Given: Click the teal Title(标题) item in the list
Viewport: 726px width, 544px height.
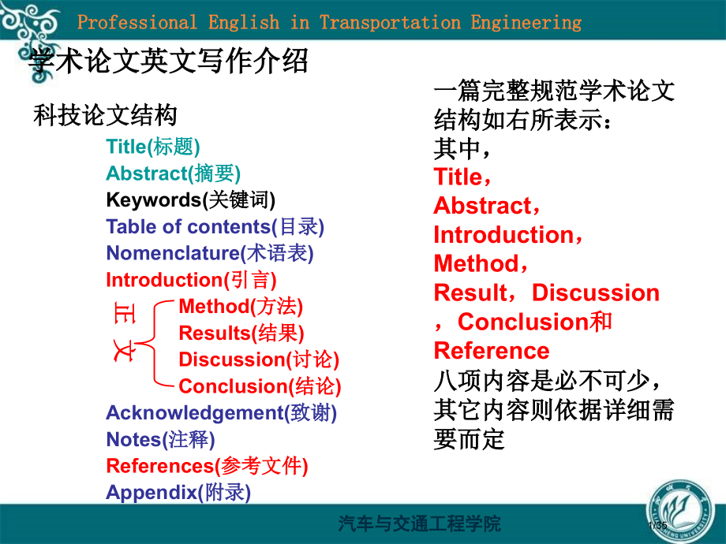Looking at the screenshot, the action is tap(153, 147).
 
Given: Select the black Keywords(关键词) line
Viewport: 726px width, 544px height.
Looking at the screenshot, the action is tap(190, 199).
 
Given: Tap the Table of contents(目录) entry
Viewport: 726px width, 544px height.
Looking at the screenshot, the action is tap(215, 227).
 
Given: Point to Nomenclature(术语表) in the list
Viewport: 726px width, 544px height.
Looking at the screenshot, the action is tap(210, 253).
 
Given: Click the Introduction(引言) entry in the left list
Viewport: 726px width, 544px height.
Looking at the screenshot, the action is tap(191, 280).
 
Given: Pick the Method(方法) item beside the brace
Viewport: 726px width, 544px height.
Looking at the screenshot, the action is tap(241, 306).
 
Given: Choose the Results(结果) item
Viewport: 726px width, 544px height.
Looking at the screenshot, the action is tap(241, 333).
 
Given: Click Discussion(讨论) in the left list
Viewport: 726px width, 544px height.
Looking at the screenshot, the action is tap(259, 360).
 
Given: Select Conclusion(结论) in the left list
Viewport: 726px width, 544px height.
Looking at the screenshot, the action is tap(260, 386).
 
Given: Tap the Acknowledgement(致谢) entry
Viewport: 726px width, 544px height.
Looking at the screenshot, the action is tap(221, 412).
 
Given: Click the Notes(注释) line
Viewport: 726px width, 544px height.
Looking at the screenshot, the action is tap(160, 439).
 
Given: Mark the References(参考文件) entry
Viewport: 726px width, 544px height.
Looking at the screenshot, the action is tap(207, 466).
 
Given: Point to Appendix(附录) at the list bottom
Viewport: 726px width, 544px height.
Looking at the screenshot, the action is tap(178, 492).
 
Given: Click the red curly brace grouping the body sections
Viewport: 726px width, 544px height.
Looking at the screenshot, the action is tap(154, 343).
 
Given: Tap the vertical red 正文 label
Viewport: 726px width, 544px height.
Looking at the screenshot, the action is tap(124, 332).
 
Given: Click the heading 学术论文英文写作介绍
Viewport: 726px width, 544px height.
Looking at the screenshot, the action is tap(167, 61).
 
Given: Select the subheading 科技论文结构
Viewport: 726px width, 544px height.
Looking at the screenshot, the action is tap(105, 115).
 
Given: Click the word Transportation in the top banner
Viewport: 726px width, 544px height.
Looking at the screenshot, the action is tap(390, 22).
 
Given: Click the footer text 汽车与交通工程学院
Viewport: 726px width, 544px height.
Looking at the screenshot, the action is tap(420, 524).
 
